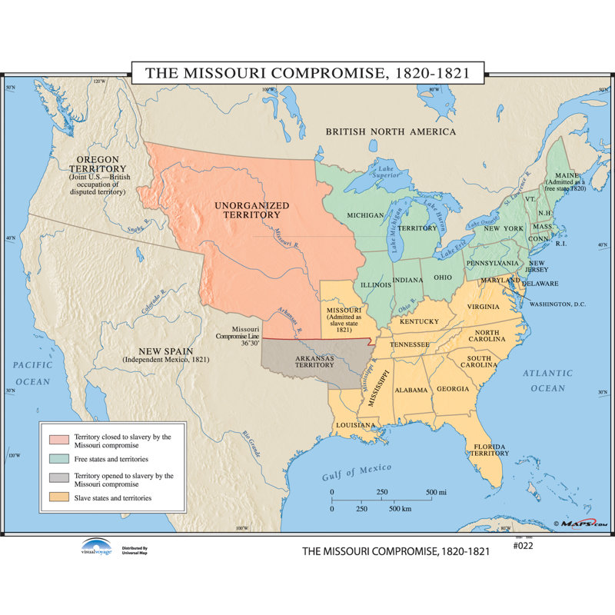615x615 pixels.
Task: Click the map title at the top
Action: point(307,73)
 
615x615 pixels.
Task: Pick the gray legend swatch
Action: point(59,480)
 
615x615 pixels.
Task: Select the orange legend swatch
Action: point(59,498)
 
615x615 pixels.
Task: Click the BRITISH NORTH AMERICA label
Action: point(391,131)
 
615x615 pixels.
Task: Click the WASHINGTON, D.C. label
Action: point(557,304)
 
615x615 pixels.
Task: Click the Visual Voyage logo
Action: point(96,547)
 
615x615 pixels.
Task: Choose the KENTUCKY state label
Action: point(419,321)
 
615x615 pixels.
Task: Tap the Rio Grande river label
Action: point(251,444)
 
